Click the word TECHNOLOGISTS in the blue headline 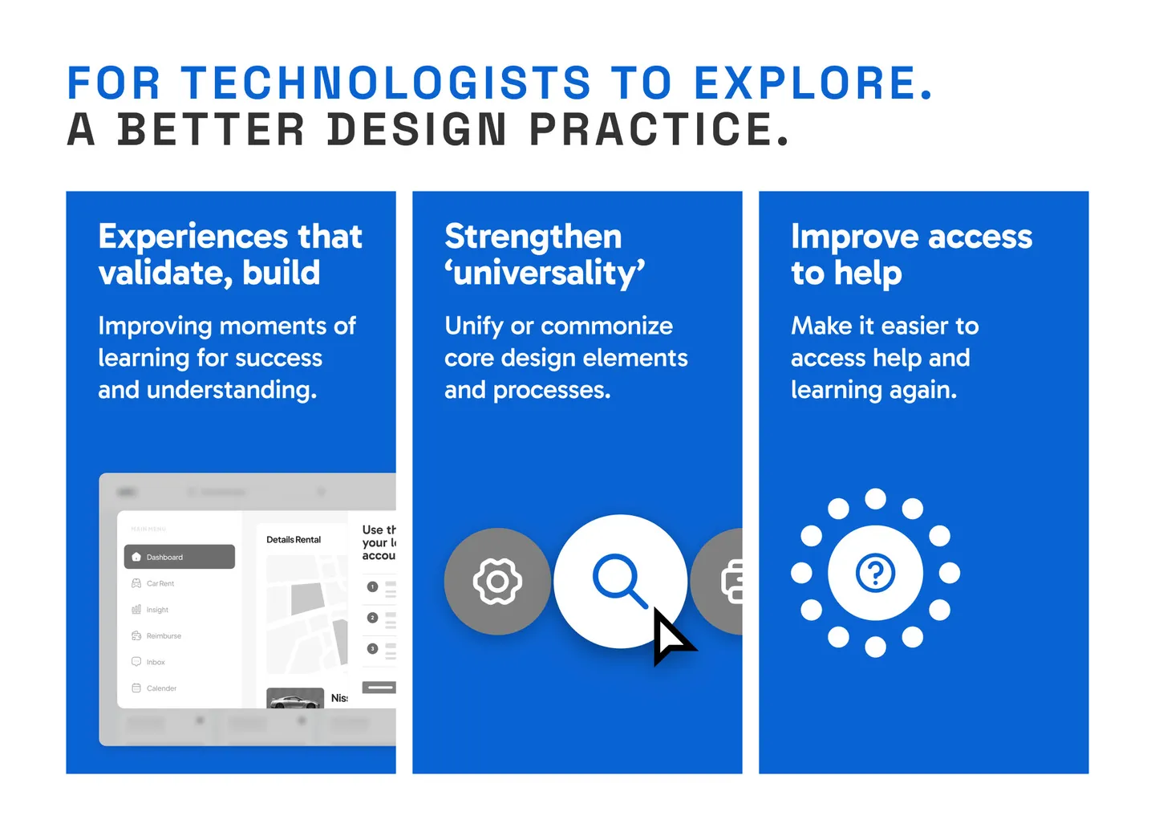(386, 83)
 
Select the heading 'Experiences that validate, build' (230, 254)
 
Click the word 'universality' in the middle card (545, 274)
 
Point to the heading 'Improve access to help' (911, 254)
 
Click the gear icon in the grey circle (497, 582)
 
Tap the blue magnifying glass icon (618, 579)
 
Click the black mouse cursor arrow (671, 636)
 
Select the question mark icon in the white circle (875, 573)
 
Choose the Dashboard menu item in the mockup (180, 557)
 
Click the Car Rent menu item (160, 583)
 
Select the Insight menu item (156, 610)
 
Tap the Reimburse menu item (163, 635)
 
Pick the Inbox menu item (155, 662)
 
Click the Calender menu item (160, 688)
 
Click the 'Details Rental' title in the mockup (294, 540)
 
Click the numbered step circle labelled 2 (372, 618)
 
